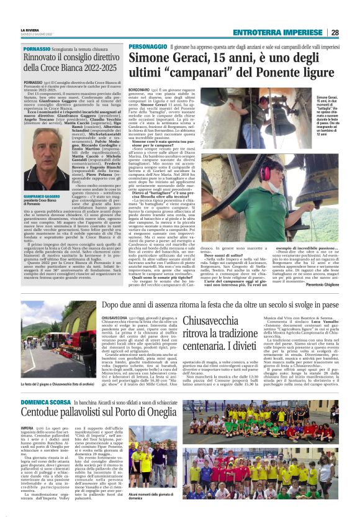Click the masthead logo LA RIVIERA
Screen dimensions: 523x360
pyautogui.click(x=29, y=30)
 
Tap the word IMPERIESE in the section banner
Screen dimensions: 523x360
pyautogui.click(x=299, y=32)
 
